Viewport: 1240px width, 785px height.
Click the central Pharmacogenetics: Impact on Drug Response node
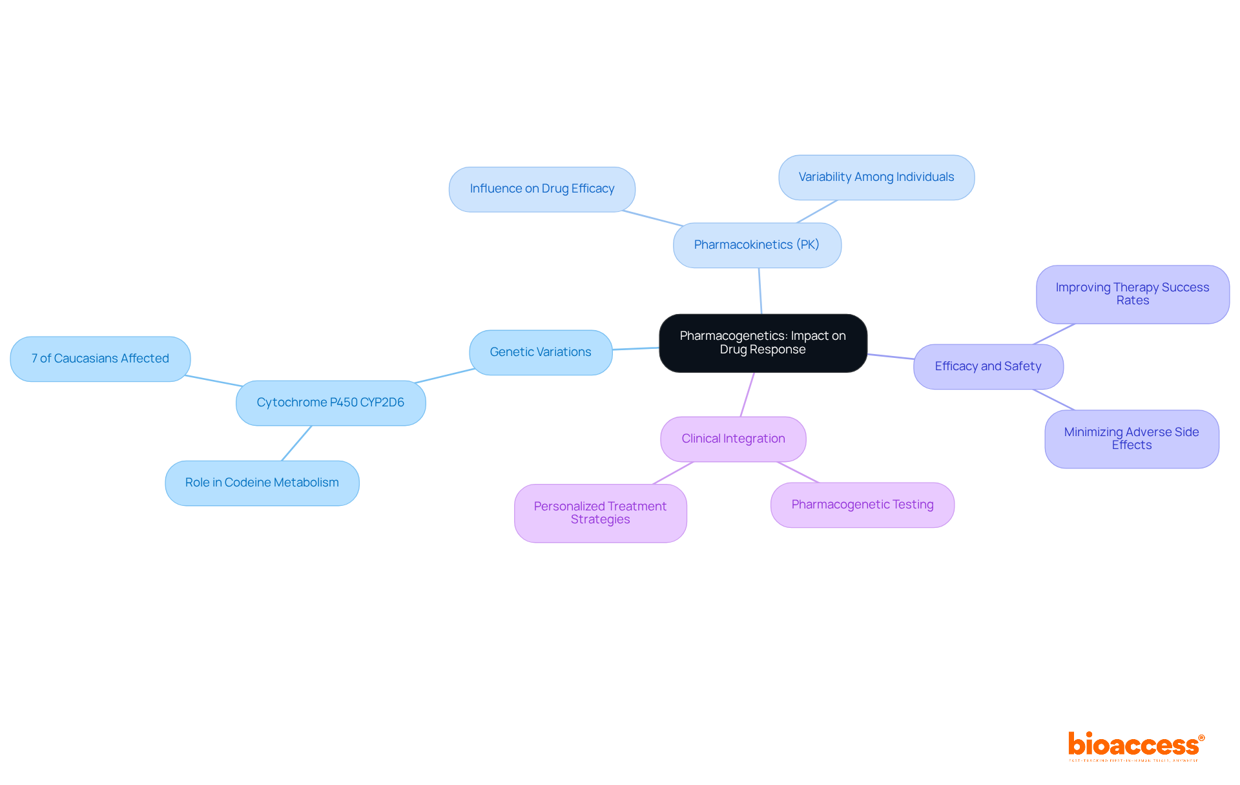pyautogui.click(x=763, y=343)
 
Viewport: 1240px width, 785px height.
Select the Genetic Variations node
pyautogui.click(x=541, y=352)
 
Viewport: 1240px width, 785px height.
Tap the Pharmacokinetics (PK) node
pyautogui.click(x=757, y=245)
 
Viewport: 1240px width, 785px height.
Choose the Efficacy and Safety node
pyautogui.click(x=988, y=366)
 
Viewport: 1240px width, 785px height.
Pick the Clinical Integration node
pyautogui.click(x=733, y=439)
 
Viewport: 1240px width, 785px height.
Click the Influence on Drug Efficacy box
pyautogui.click(x=542, y=189)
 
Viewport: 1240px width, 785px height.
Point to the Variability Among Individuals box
pyautogui.click(x=876, y=177)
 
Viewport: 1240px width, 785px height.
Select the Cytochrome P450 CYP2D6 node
pyautogui.click(x=331, y=403)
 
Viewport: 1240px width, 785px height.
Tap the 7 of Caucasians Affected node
pyautogui.click(x=100, y=359)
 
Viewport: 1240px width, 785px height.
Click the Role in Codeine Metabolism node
pyautogui.click(x=262, y=483)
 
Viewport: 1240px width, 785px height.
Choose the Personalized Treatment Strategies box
pyautogui.click(x=600, y=513)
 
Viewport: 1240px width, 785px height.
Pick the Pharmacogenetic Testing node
pyautogui.click(x=862, y=505)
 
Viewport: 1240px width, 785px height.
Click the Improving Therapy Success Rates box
pyautogui.click(x=1132, y=294)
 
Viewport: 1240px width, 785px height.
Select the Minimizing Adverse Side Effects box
pyautogui.click(x=1131, y=439)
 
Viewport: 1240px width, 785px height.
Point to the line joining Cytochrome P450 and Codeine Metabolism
pyautogui.click(x=296, y=443)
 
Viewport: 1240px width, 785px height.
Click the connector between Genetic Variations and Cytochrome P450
pyautogui.click(x=445, y=376)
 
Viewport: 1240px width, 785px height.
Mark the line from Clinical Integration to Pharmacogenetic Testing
pyautogui.click(x=798, y=472)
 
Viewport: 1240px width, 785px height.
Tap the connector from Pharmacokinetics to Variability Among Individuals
pyautogui.click(x=817, y=211)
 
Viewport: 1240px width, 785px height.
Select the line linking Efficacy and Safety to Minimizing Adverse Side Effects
pyautogui.click(x=1054, y=400)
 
